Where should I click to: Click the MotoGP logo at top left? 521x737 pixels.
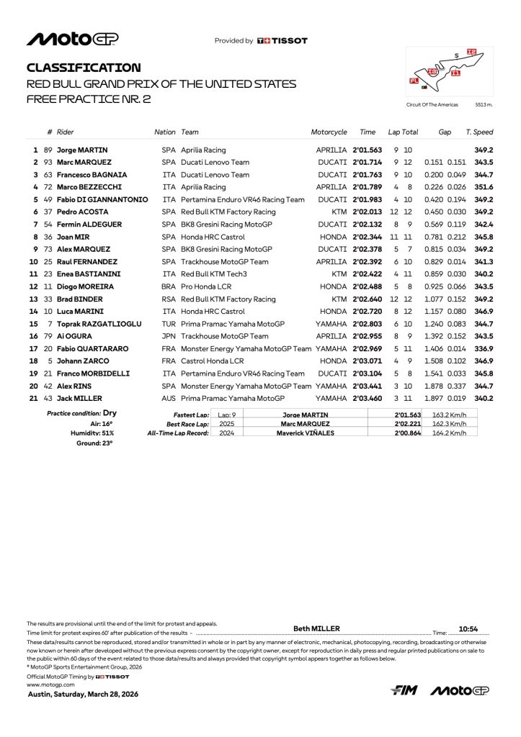click(73, 39)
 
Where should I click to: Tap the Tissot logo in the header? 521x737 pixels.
click(282, 41)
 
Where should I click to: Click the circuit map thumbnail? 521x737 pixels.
click(450, 72)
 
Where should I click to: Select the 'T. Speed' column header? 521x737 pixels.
click(479, 132)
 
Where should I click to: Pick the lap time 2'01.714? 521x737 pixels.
click(368, 162)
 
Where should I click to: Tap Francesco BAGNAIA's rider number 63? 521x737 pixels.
click(48, 174)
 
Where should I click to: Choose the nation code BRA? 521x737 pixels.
click(169, 286)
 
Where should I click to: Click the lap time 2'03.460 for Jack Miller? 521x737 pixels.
click(368, 398)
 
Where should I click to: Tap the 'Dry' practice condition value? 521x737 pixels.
click(110, 413)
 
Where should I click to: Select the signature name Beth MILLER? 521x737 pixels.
click(316, 628)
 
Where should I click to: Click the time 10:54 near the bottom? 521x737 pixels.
click(469, 628)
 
